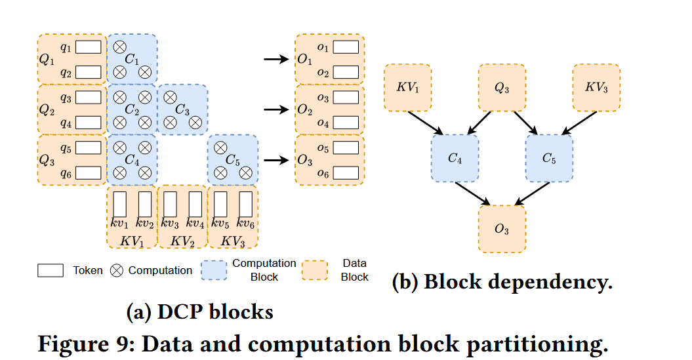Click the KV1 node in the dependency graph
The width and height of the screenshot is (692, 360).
tap(407, 87)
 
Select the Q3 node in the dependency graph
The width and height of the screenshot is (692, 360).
tap(502, 87)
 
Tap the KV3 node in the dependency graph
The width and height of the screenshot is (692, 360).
tap(597, 87)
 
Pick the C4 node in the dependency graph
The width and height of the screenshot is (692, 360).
tap(455, 158)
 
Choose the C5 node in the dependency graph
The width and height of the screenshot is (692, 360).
tap(549, 158)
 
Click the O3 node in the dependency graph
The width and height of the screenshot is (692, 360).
tap(502, 229)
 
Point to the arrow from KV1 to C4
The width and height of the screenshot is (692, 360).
tap(427, 123)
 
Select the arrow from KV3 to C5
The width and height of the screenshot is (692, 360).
tap(577, 123)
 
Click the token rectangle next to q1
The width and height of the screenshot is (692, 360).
tap(89, 47)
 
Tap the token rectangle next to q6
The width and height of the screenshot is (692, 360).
tap(89, 172)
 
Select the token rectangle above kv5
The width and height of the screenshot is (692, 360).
tap(220, 204)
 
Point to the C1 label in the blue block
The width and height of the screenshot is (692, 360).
tap(132, 60)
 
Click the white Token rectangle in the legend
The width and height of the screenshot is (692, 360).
tap(51, 270)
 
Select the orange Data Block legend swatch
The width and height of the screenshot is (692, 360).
tap(318, 270)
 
